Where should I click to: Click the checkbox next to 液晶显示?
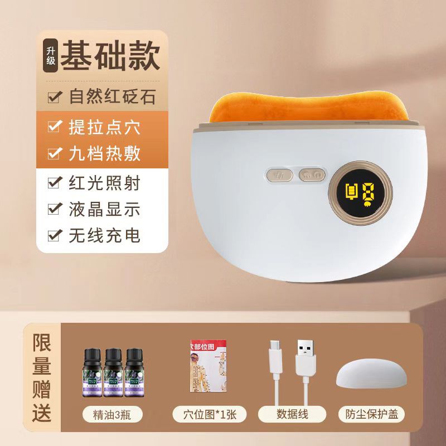[x=55, y=209]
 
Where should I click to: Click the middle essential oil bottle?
[x=113, y=372]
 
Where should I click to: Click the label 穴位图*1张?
[x=205, y=414]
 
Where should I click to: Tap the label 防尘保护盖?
[x=371, y=414]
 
